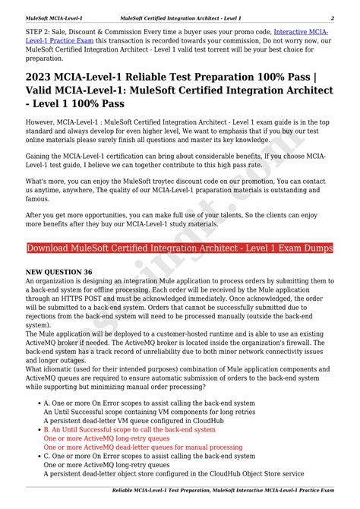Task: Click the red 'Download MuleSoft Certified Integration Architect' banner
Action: [x=179, y=248]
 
